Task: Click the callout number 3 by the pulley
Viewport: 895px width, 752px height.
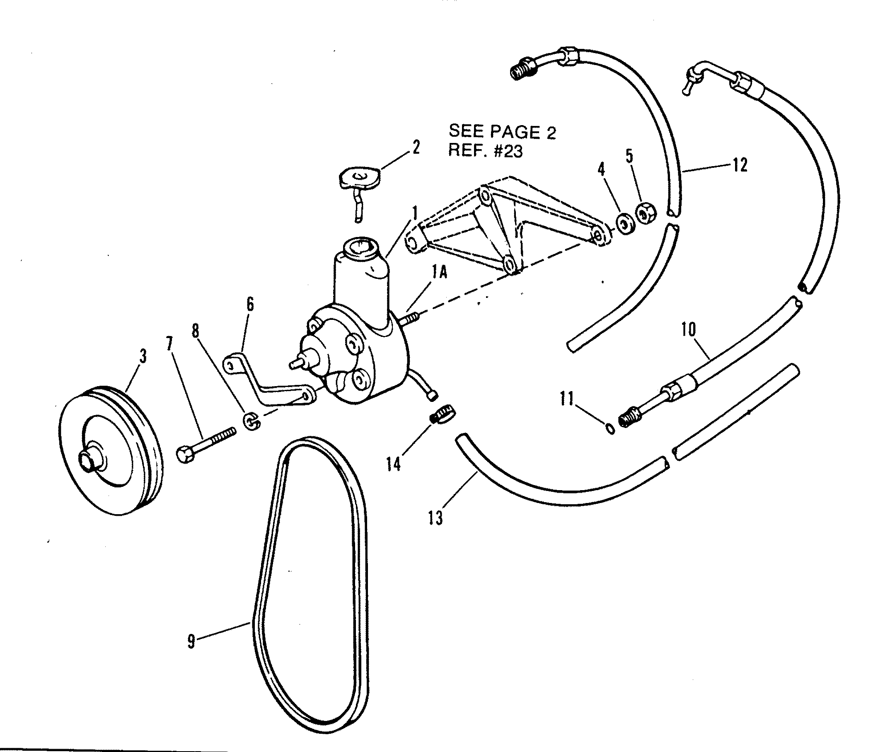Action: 143,356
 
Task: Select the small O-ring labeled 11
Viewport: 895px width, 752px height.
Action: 611,429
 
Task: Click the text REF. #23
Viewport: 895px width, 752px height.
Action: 485,151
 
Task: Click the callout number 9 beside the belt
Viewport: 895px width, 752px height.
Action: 191,641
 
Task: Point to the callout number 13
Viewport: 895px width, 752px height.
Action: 435,517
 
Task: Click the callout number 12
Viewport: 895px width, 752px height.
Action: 740,164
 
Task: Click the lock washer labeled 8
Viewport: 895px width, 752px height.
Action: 251,421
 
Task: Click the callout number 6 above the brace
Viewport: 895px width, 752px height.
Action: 250,305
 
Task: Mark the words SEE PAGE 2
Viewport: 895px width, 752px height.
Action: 502,132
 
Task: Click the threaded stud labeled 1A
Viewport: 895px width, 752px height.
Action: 410,319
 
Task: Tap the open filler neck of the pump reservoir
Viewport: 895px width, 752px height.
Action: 361,247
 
